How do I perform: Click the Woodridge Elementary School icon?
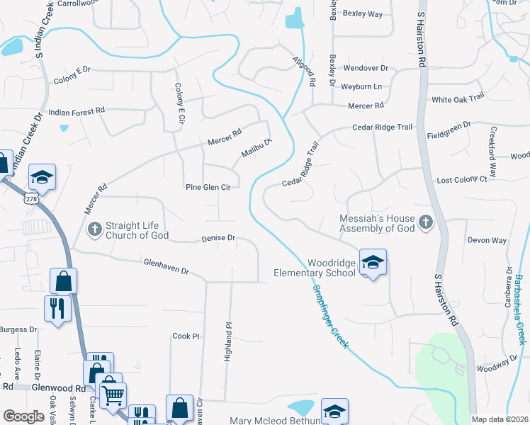373,262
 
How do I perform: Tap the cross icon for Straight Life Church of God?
95,228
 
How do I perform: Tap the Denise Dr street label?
218,239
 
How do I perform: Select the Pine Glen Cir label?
208,188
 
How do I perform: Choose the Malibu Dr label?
256,147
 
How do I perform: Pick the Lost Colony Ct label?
462,180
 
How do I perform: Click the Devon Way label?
487,240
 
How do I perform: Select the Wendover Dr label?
366,68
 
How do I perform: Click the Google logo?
23,416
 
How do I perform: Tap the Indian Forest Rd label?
77,111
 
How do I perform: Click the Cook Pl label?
186,336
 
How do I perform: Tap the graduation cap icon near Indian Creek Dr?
43,176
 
